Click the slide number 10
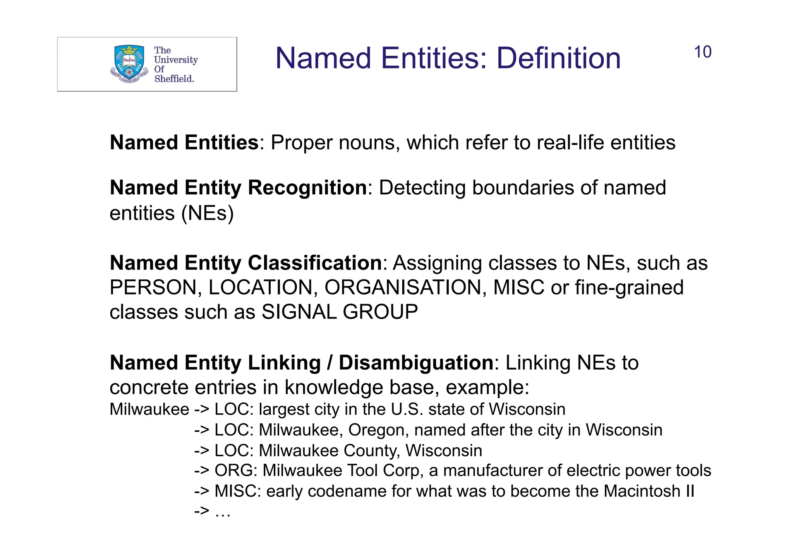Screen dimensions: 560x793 [702, 52]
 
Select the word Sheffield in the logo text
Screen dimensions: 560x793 [174, 79]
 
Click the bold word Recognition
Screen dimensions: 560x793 [307, 188]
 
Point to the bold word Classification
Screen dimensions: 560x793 [315, 263]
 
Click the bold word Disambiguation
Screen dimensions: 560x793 [416, 363]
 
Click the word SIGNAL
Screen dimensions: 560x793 [299, 312]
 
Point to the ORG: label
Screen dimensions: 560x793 [236, 471]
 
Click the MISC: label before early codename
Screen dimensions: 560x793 [238, 491]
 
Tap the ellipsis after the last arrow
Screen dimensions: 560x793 [223, 512]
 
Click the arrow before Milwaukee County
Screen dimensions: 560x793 [202, 450]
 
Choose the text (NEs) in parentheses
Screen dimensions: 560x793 [208, 213]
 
